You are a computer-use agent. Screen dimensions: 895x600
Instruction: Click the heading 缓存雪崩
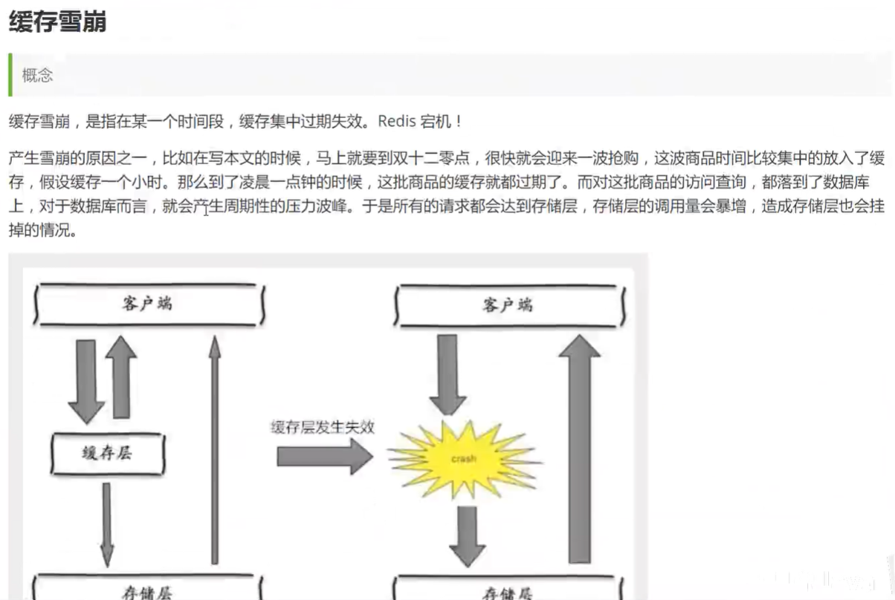tap(57, 22)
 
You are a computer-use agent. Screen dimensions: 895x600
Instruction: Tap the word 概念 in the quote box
tap(38, 75)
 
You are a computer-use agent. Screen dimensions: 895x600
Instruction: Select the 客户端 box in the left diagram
tap(148, 304)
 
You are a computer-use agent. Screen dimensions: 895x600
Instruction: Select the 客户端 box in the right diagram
tap(508, 304)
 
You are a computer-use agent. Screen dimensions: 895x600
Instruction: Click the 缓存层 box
tap(108, 453)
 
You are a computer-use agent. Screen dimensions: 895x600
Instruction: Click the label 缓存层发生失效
tap(323, 427)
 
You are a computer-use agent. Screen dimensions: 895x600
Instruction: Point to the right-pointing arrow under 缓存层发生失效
tap(323, 455)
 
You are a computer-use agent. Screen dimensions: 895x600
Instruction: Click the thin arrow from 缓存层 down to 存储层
tap(107, 524)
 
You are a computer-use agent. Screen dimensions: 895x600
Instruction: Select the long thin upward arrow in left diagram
tap(215, 446)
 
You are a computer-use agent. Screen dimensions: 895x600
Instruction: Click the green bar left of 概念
tap(10, 75)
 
